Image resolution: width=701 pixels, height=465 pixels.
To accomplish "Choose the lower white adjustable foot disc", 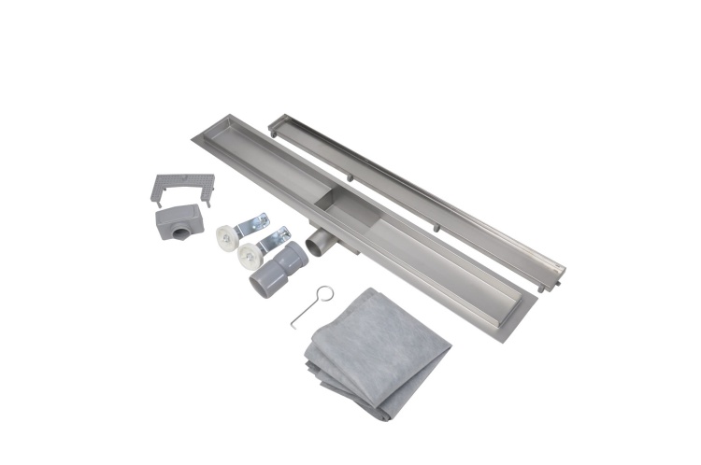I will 249,257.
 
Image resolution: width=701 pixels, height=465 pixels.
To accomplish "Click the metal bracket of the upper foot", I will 253,225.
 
